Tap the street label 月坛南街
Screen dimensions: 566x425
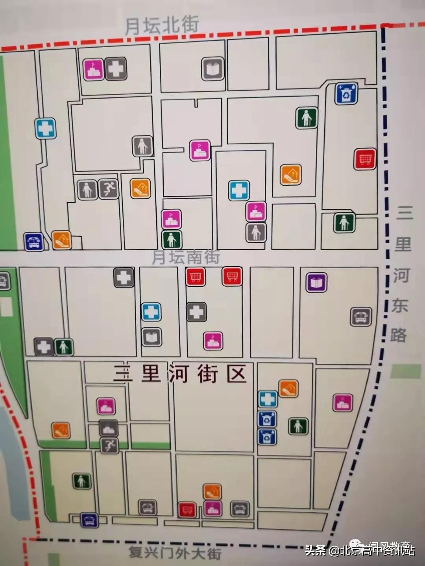coord(186,257)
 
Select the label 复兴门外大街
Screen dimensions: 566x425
coord(175,553)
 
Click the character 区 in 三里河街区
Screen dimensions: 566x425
coord(236,374)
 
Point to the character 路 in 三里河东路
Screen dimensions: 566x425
coord(399,335)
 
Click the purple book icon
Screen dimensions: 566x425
coord(316,282)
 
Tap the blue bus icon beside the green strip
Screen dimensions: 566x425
coord(33,242)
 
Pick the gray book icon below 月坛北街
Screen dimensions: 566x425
coord(213,69)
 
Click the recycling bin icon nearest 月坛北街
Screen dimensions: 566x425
coord(346,93)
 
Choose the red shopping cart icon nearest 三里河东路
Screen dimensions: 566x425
coord(365,159)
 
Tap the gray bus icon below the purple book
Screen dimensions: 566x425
coord(361,316)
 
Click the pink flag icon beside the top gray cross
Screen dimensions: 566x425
coord(94,69)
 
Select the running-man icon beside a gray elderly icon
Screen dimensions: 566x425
coord(108,189)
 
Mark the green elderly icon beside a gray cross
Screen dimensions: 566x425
coord(63,347)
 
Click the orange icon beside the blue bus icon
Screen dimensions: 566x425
coord(62,240)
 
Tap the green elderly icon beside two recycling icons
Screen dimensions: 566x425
coord(298,426)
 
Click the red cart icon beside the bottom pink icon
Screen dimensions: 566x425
coord(187,510)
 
